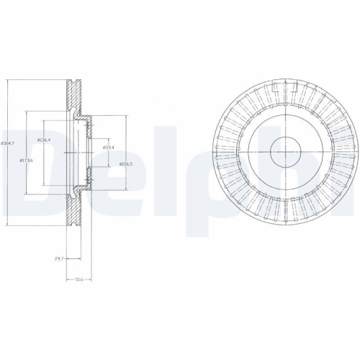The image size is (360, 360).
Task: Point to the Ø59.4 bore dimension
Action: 109,148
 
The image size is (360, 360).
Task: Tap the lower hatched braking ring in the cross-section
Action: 73,205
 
